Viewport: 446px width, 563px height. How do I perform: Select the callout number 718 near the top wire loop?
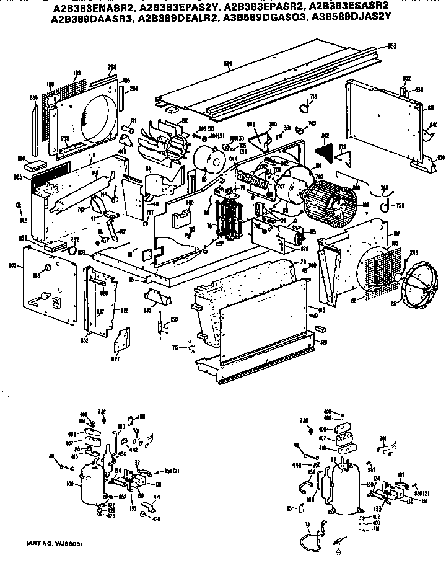coord(313,98)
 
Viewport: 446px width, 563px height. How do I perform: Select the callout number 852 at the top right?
coord(407,78)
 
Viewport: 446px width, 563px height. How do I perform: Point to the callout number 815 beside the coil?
coord(321,309)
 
